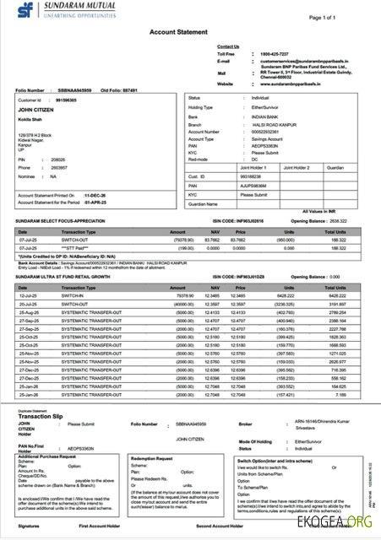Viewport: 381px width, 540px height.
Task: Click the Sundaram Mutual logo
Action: point(52,12)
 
